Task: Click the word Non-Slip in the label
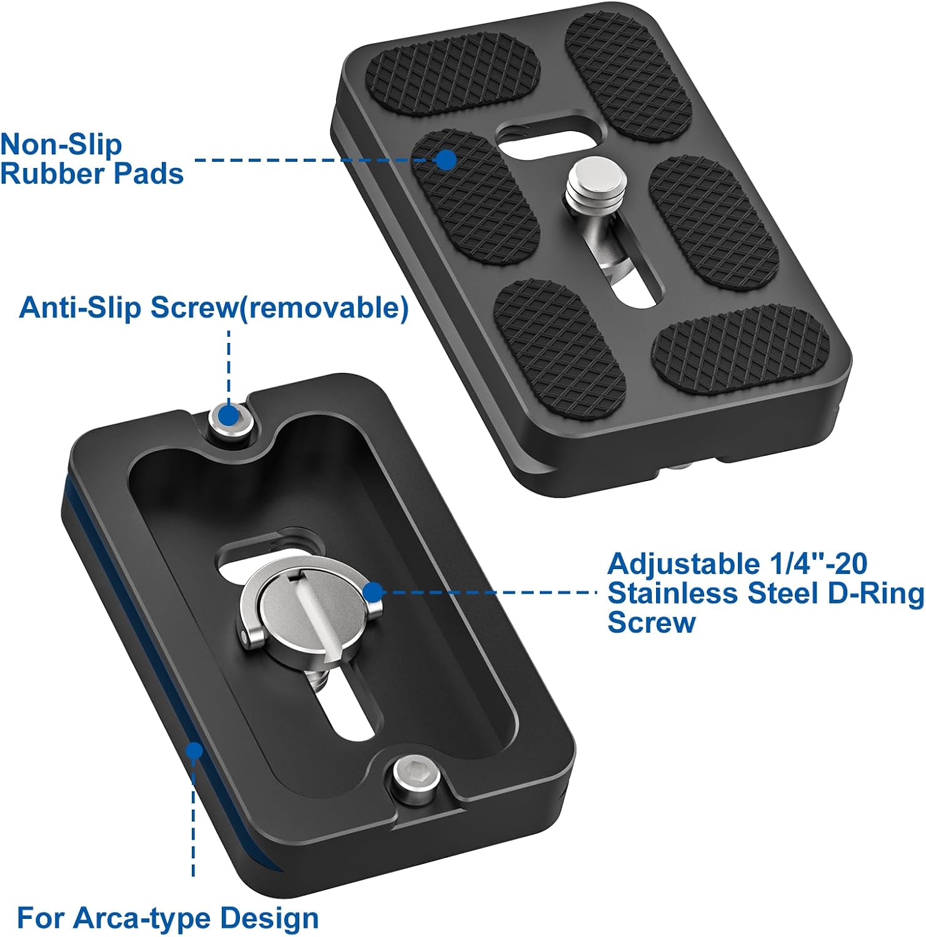[x=61, y=144]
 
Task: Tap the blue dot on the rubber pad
[x=446, y=160]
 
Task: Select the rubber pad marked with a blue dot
[x=475, y=196]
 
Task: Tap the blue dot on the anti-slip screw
[x=229, y=414]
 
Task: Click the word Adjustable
[x=682, y=565]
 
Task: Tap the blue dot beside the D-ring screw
[x=373, y=592]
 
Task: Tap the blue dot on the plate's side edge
[x=195, y=750]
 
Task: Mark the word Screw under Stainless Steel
[x=651, y=623]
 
